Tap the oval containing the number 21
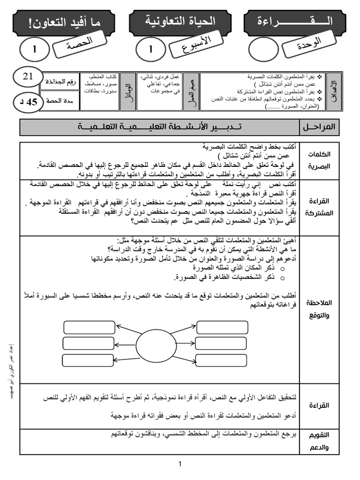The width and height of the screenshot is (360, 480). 28,77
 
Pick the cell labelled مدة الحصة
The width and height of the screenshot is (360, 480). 60,100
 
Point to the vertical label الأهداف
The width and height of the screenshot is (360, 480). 333,91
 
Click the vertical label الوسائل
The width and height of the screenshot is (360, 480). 127,91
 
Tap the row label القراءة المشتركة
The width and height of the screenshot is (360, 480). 319,206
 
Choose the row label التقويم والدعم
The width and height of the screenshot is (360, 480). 319,441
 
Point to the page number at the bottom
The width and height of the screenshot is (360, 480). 180,464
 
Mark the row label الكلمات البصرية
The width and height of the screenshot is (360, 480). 319,160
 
